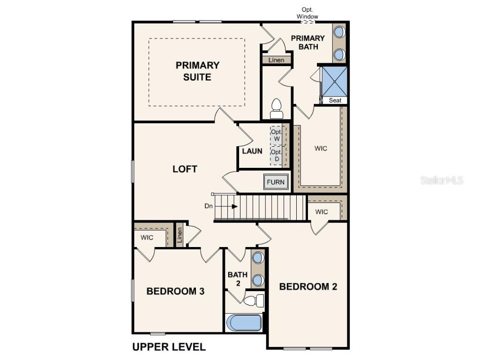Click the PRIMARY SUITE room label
(197, 71)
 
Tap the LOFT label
(185, 169)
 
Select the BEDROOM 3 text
(175, 291)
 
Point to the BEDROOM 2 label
(308, 286)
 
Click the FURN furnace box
(276, 182)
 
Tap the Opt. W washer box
(277, 135)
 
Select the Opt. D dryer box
(277, 156)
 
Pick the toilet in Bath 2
(254, 300)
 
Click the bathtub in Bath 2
(244, 322)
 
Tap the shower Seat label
(335, 100)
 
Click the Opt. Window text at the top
(307, 13)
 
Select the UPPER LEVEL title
(169, 347)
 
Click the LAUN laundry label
(252, 151)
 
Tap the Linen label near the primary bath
(276, 60)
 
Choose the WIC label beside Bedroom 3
(147, 238)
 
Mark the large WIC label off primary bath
(321, 149)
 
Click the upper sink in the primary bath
(339, 33)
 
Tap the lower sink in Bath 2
(257, 281)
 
